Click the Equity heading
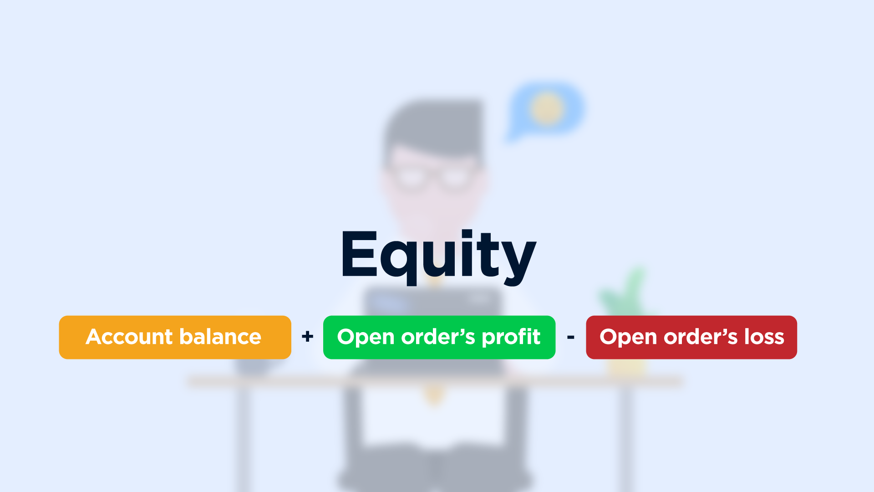pyautogui.click(x=439, y=256)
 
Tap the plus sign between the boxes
pyautogui.click(x=308, y=337)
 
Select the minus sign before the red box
pyautogui.click(x=571, y=337)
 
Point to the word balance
pyautogui.click(x=220, y=337)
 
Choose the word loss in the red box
pyautogui.click(x=764, y=337)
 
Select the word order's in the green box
pyautogui.click(x=438, y=337)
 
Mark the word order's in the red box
pyautogui.click(x=701, y=337)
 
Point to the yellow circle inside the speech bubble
pyautogui.click(x=547, y=108)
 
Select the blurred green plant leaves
pyautogui.click(x=626, y=292)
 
